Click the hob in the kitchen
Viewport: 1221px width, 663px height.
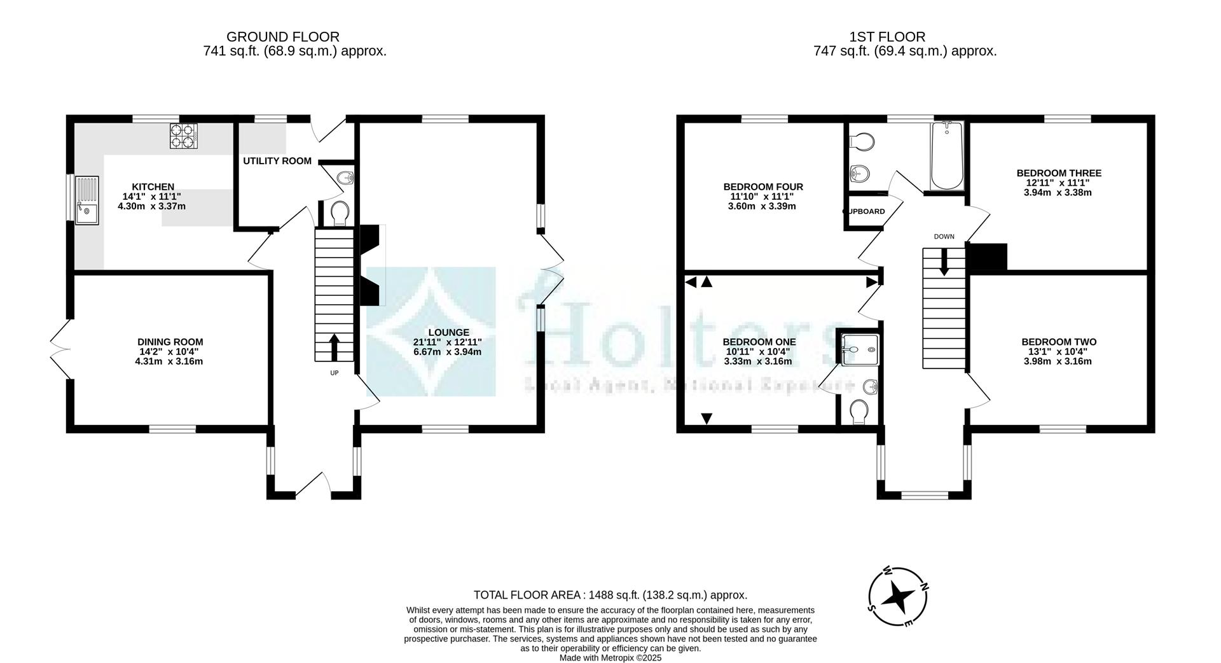pos(183,136)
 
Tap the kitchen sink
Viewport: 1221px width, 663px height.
pos(86,200)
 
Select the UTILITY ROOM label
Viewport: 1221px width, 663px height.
pos(277,161)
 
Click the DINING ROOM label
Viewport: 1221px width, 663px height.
pos(170,342)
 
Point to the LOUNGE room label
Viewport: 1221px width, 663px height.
pos(448,332)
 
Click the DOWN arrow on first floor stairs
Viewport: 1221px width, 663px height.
pos(944,261)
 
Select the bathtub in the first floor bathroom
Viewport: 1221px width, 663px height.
pos(947,157)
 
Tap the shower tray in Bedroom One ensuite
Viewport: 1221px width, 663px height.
pos(861,350)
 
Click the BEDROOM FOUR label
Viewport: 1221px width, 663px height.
pos(762,187)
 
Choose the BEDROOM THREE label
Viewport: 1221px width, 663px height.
pos(1058,173)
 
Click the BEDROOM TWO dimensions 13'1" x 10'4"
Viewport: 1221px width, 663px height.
pos(1058,352)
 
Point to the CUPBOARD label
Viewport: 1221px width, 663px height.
pos(865,212)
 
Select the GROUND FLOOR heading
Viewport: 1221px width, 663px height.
pos(282,37)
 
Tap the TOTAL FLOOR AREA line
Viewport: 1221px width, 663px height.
pos(610,595)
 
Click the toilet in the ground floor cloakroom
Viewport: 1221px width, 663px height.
pos(340,213)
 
